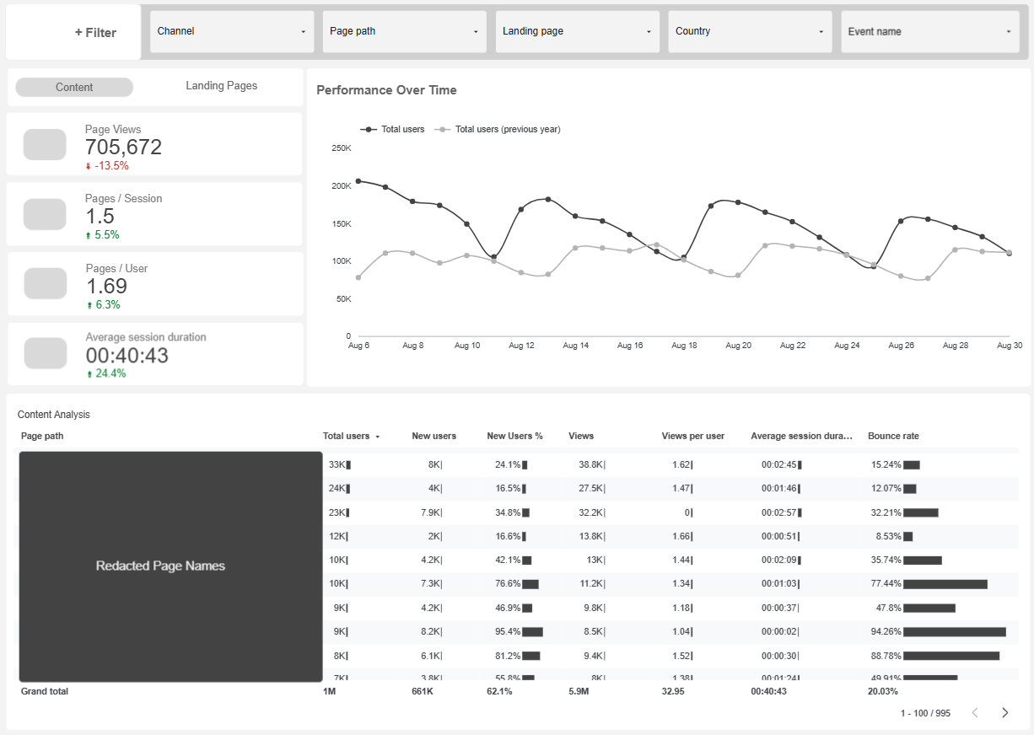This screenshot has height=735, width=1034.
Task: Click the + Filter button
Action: click(x=95, y=33)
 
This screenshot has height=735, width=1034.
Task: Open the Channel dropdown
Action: click(x=231, y=32)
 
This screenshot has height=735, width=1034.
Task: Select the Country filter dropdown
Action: click(x=750, y=32)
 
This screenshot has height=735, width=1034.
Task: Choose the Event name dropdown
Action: click(x=929, y=32)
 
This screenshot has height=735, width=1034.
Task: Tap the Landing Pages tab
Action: click(x=221, y=86)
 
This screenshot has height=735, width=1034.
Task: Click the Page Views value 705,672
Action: click(x=123, y=148)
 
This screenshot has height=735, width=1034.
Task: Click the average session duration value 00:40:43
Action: click(x=127, y=356)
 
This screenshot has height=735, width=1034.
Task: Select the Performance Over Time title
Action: click(x=386, y=90)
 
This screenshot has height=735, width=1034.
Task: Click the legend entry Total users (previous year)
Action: click(x=507, y=130)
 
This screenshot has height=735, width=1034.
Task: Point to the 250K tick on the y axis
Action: click(x=342, y=148)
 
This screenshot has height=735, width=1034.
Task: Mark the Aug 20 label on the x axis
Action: click(x=738, y=346)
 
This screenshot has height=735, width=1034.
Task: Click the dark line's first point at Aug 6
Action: click(x=358, y=181)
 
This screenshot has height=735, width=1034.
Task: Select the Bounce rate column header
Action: click(x=893, y=436)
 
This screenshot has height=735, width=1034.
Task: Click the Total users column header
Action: click(x=346, y=436)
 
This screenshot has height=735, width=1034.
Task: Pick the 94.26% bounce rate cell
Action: click(x=886, y=631)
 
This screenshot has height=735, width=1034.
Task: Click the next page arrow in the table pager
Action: click(x=1004, y=713)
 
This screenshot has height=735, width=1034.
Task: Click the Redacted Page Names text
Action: click(x=160, y=566)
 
